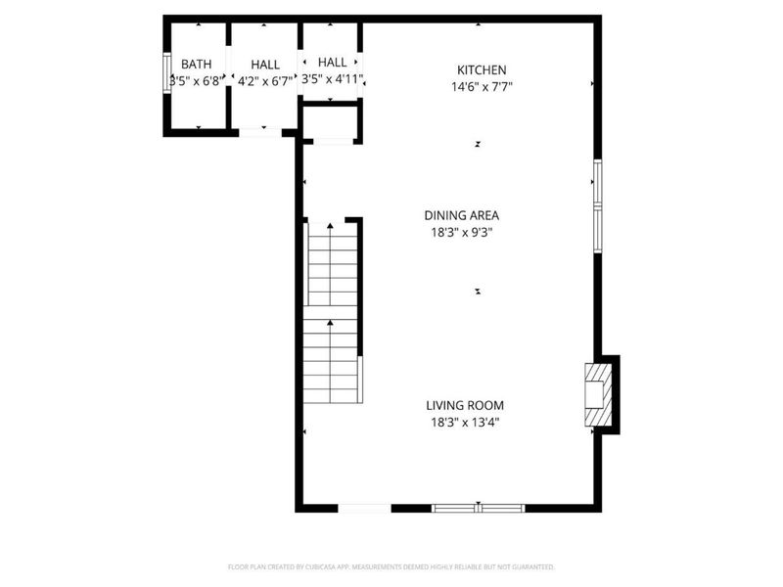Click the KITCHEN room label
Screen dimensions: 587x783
tap(482, 69)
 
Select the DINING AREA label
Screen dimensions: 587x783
tap(461, 215)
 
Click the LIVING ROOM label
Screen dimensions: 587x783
tap(465, 405)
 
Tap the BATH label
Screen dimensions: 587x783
tap(196, 64)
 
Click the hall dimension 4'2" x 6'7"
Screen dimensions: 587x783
tap(265, 81)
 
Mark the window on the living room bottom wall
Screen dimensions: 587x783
tap(479, 508)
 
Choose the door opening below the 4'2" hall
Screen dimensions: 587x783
tap(260, 132)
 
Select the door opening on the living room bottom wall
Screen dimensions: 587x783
tap(364, 508)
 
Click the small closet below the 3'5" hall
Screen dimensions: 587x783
tap(332, 123)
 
